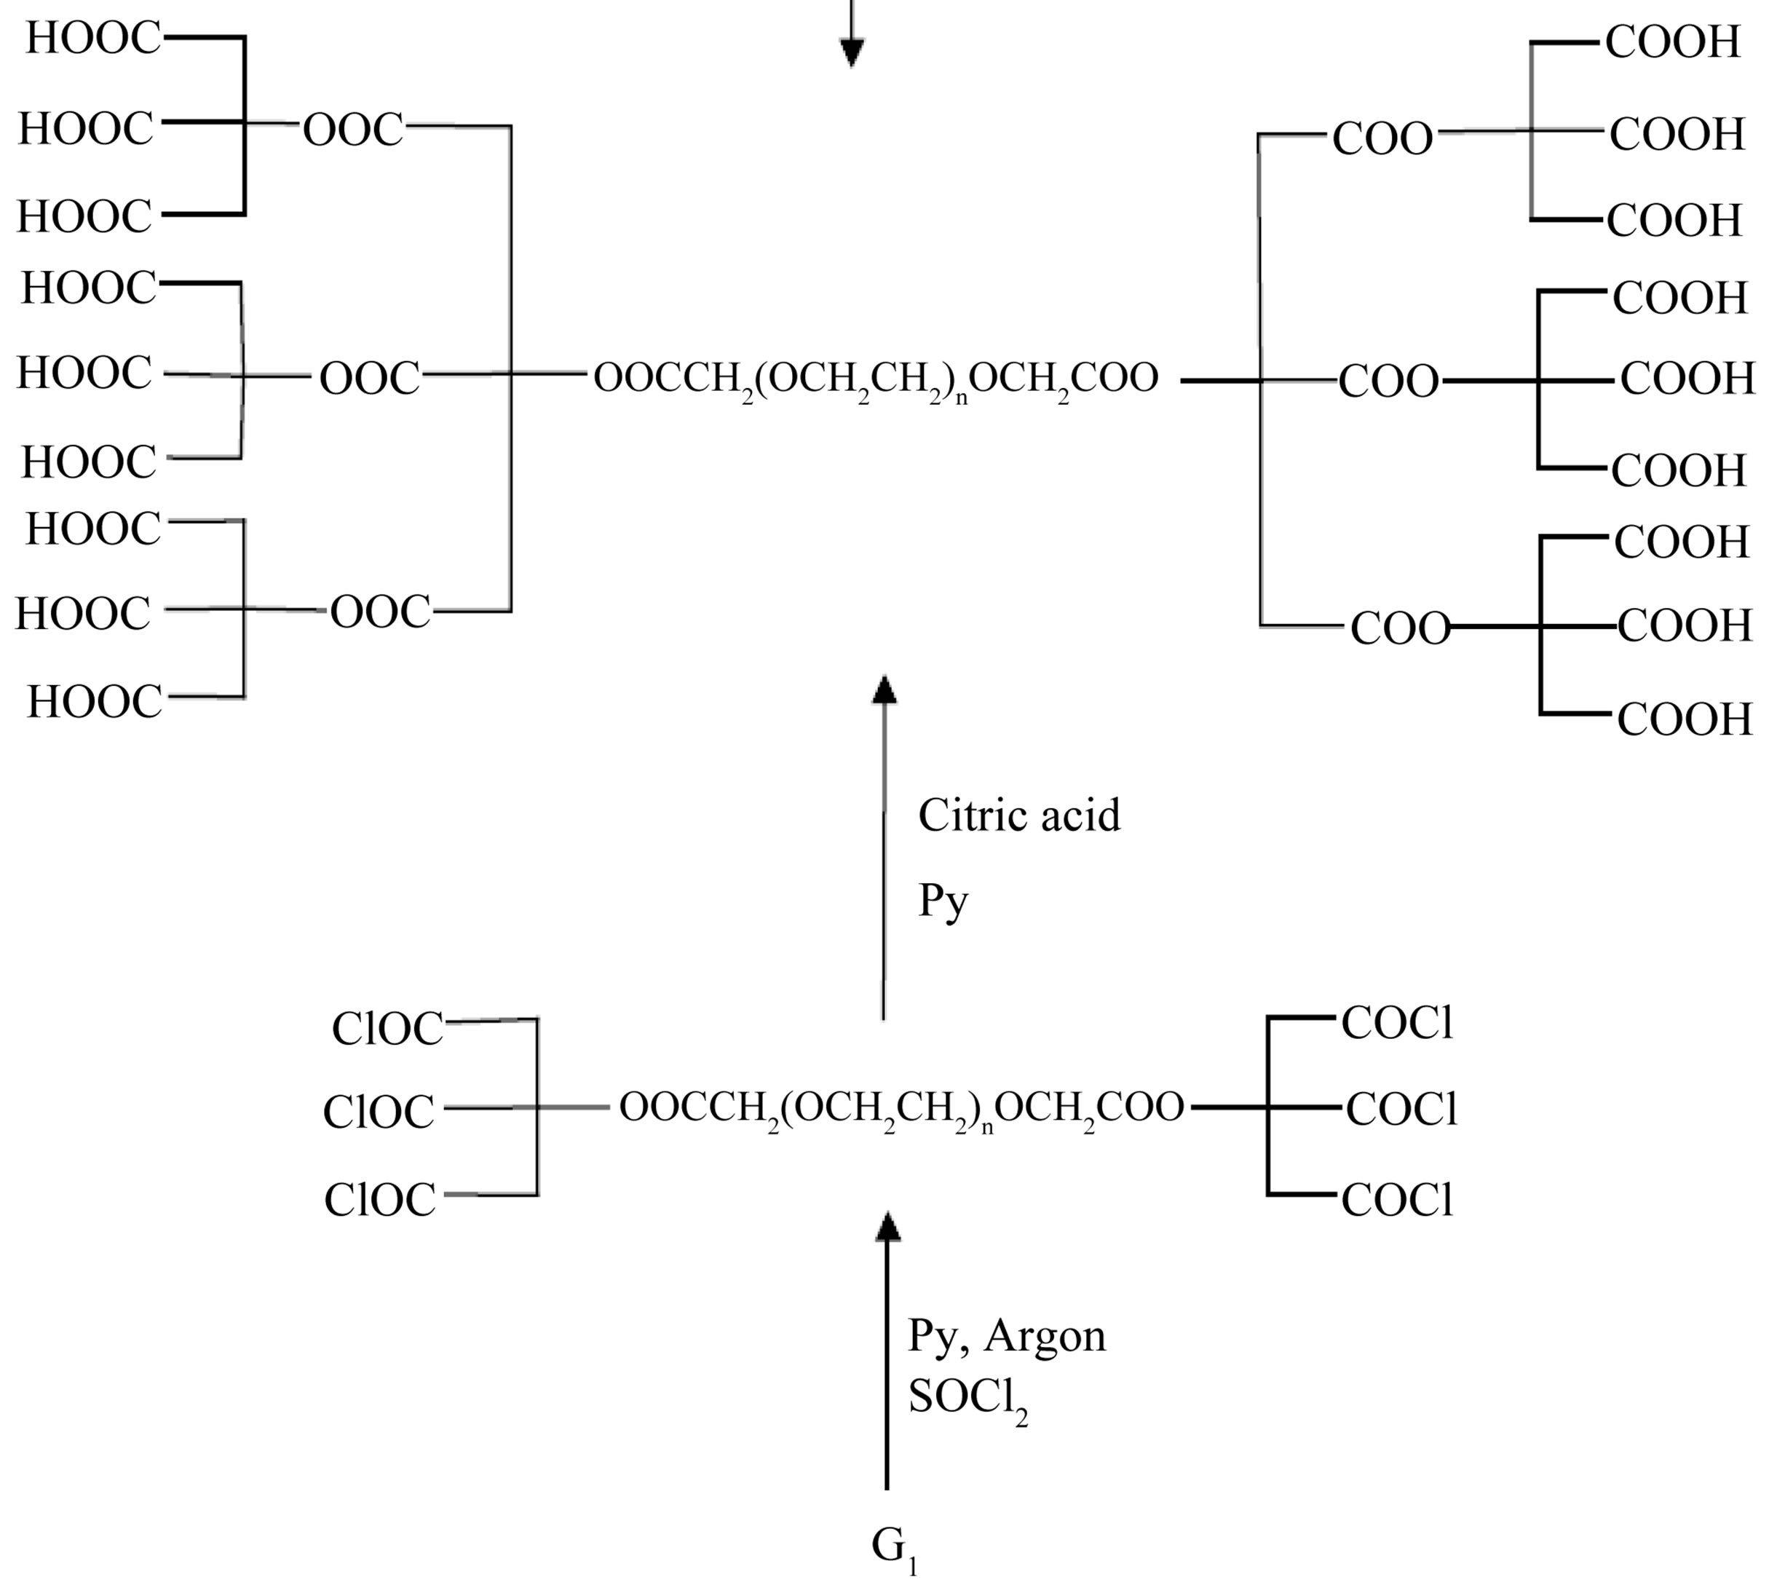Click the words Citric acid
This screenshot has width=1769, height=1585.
pos(1018,816)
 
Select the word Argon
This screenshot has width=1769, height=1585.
pos(1045,1335)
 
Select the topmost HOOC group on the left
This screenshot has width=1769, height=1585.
pos(93,39)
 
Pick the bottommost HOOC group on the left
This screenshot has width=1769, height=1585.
pos(94,702)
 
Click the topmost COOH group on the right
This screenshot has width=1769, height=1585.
pos(1672,41)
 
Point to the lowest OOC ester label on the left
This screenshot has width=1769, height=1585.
pos(379,612)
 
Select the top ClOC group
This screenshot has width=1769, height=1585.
pos(387,1029)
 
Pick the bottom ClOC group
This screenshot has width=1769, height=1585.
pos(379,1200)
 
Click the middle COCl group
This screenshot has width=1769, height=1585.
pos(1401,1110)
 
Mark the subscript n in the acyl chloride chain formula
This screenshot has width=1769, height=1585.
pos(987,1129)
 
